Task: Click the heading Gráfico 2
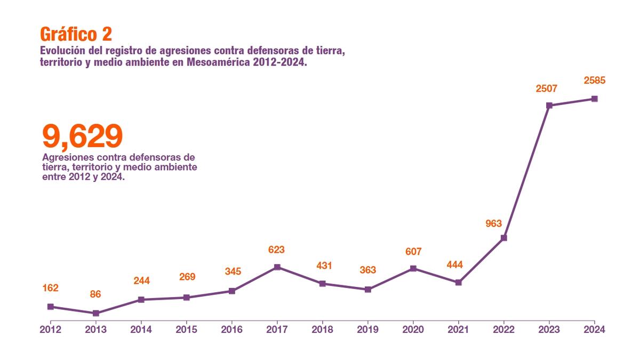tap(76, 34)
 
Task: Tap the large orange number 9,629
tap(82, 136)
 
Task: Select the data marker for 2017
tap(277, 267)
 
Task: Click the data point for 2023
tap(549, 106)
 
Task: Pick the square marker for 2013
tap(95, 313)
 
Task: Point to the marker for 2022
tap(503, 238)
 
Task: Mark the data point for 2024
tap(594, 99)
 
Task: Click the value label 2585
tap(594, 81)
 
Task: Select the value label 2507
tap(547, 89)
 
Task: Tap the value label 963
tap(494, 223)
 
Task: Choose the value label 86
tap(95, 294)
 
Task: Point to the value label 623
tap(276, 250)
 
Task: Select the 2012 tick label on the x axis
tap(50, 330)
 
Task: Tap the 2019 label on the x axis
tap(367, 330)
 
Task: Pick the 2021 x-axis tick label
tap(458, 330)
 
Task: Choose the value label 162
tap(50, 288)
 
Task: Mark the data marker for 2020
tap(413, 268)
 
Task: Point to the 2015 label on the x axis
tap(186, 330)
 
